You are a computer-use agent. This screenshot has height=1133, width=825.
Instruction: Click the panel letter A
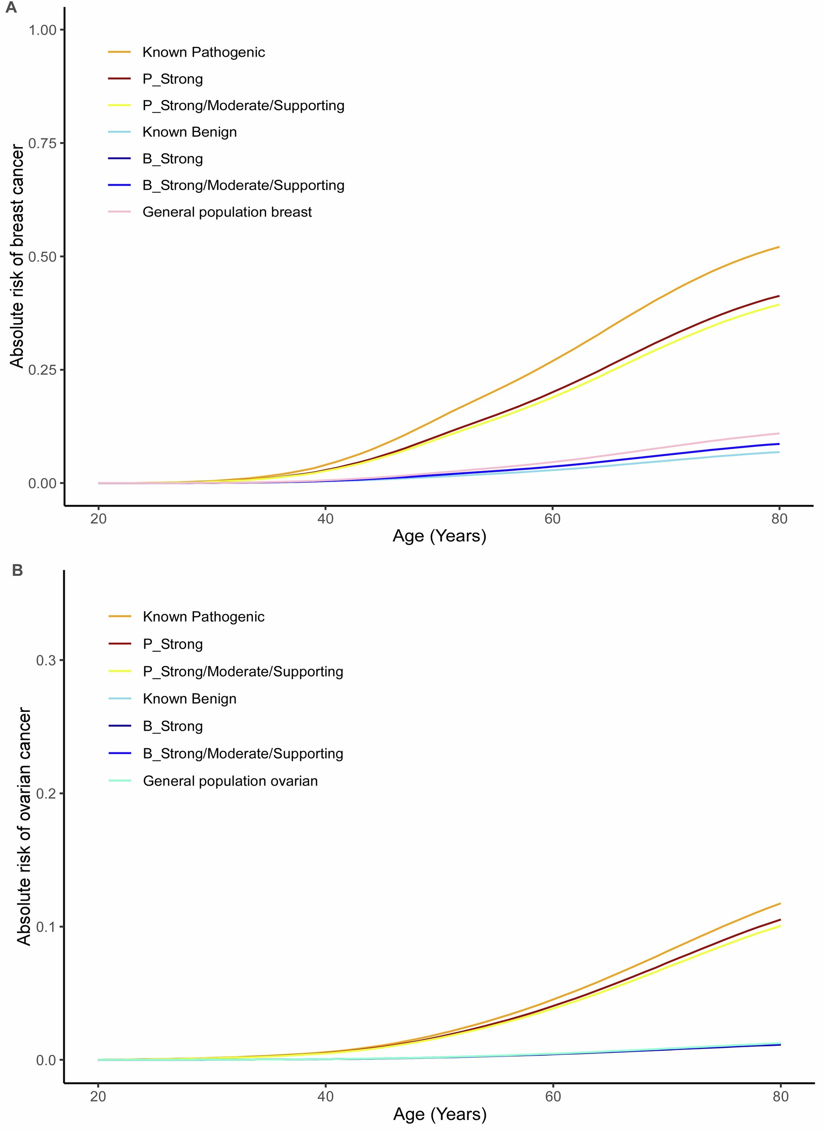coord(10,8)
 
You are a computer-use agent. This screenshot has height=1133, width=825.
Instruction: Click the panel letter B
coord(17,570)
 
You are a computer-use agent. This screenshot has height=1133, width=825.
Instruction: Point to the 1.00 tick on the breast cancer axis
coord(42,30)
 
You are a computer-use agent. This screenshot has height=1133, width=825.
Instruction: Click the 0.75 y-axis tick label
coord(42,143)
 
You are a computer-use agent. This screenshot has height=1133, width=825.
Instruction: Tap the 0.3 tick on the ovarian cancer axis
coord(46,660)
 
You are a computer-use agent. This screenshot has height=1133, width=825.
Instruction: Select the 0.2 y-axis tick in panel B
coord(46,793)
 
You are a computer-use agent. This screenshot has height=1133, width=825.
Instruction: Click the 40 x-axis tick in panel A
coord(325,519)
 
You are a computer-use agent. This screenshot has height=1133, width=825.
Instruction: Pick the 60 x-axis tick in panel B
coord(553,1097)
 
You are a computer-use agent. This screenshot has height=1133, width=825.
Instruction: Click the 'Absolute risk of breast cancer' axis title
coord(18,256)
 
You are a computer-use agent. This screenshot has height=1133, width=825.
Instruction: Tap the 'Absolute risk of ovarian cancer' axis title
coord(23,826)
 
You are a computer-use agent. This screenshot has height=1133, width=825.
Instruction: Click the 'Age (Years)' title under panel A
coord(439,536)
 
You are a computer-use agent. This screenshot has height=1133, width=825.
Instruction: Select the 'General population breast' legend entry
coord(227,212)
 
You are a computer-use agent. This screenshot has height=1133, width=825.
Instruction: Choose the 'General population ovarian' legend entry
coord(230,781)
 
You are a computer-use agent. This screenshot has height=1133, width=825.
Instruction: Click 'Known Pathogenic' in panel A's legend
coord(203,52)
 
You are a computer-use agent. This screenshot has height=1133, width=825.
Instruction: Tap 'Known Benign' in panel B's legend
coord(189,698)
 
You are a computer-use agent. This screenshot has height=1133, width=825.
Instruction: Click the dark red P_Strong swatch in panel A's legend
coord(120,79)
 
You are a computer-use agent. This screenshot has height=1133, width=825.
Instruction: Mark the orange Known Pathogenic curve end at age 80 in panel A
coord(778,247)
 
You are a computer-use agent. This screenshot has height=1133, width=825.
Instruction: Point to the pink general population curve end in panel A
coord(778,434)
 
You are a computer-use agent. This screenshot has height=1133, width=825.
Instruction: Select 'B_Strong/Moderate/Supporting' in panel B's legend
coord(243,753)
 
